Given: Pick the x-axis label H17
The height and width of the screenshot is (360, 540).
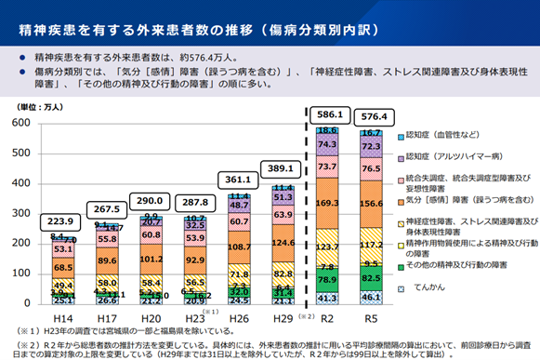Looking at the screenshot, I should tap(107, 317).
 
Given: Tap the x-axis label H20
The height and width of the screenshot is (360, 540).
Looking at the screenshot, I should tap(151, 317).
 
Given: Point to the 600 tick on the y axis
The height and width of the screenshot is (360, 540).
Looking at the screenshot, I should tap(20, 123).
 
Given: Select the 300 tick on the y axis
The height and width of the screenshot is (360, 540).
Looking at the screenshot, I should tap(20, 213).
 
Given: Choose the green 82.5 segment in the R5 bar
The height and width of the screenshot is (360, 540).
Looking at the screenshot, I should tap(372, 278).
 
